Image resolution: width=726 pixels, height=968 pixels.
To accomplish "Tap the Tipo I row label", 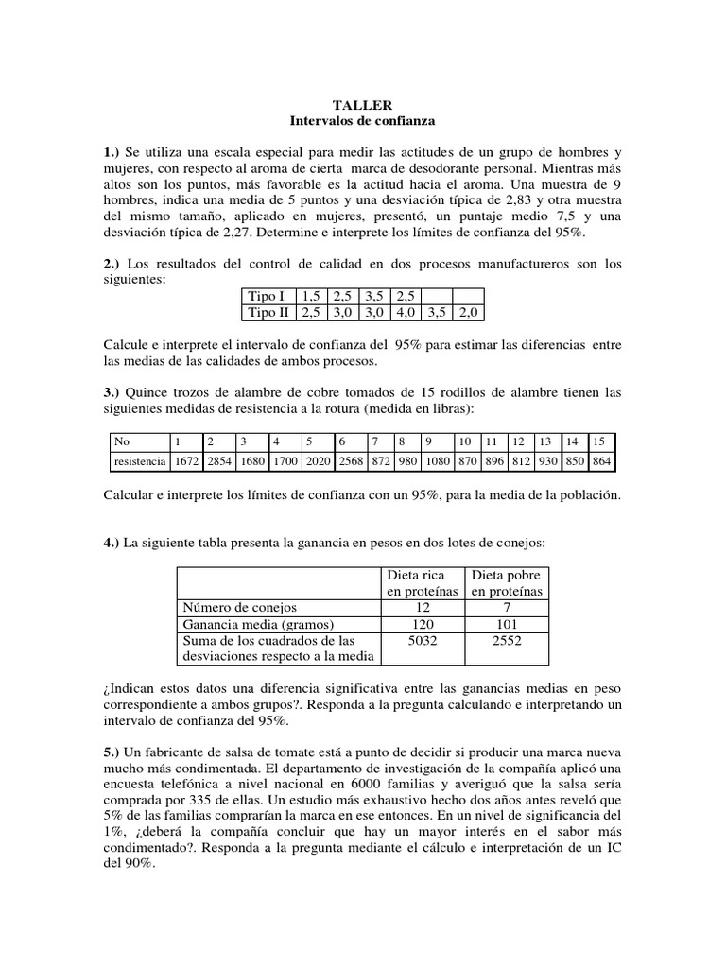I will (266, 296).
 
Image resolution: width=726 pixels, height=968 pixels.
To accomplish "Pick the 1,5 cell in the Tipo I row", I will (311, 296).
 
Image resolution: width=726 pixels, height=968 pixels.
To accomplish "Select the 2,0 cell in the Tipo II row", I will (467, 312).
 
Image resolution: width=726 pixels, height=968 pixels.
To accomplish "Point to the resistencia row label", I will (138, 461).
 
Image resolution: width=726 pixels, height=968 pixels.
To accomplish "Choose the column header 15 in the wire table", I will (599, 441).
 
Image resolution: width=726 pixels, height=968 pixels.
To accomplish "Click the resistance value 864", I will (600, 461).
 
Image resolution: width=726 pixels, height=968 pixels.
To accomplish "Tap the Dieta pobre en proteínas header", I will (507, 582).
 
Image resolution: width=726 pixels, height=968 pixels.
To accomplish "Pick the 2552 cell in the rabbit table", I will (507, 641).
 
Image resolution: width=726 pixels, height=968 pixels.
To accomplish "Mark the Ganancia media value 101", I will (507, 624).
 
